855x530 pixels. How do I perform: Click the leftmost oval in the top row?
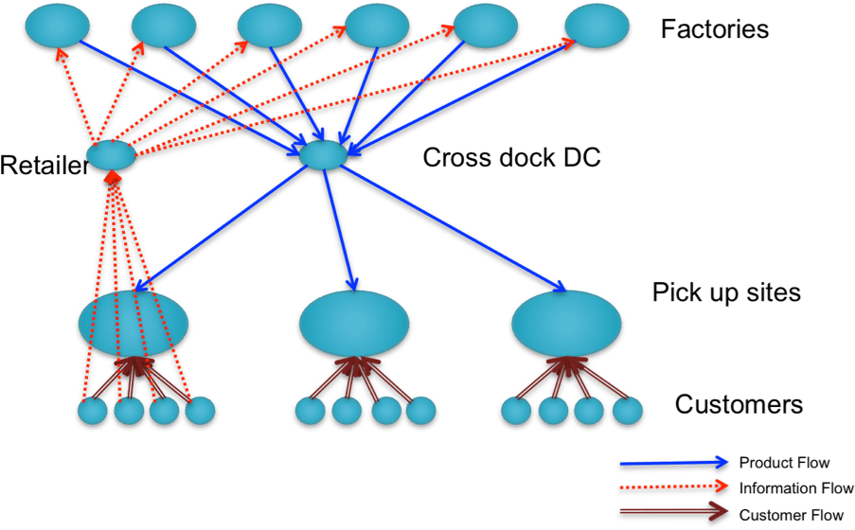[57, 26]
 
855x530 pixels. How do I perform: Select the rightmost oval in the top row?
[597, 26]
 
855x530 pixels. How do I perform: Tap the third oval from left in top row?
[270, 26]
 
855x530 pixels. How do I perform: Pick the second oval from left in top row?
[164, 26]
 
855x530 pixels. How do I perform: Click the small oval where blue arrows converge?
[323, 154]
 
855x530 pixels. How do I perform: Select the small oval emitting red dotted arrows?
[111, 155]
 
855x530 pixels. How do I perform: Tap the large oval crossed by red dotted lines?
[133, 323]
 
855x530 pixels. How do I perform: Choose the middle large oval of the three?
[354, 323]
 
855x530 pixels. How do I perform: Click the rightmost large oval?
[566, 323]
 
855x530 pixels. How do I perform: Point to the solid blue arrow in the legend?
[672, 463]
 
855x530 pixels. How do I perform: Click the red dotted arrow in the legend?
[672, 486]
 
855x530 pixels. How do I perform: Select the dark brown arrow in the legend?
[672, 511]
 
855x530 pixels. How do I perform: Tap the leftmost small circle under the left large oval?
[92, 411]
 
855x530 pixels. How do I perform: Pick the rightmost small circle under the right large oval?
[627, 411]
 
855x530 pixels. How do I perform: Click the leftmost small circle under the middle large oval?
[310, 411]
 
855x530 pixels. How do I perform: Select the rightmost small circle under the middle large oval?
[420, 411]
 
